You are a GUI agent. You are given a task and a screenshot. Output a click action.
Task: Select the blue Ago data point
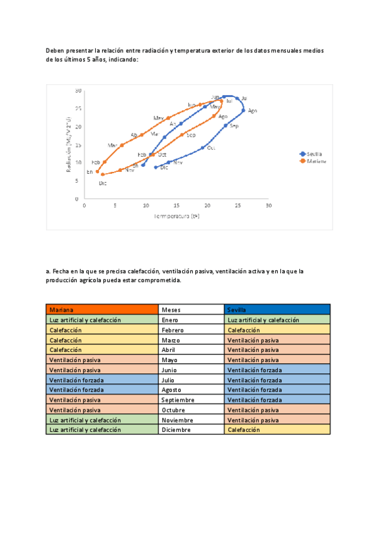point(243,110)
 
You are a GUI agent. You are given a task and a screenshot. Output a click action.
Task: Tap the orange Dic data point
point(103,174)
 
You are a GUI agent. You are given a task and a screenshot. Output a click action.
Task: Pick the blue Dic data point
point(156,167)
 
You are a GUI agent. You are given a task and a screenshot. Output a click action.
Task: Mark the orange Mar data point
point(122,145)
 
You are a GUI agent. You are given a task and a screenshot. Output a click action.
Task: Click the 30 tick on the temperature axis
point(268,205)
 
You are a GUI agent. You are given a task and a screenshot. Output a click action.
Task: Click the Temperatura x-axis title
point(177,216)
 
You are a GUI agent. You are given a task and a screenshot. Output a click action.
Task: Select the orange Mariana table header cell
point(101,309)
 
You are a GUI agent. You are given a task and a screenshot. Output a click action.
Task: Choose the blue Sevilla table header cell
point(277,309)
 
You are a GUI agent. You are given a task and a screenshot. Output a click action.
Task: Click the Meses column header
point(191,309)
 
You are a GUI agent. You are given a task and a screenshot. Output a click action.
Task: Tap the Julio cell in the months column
point(191,380)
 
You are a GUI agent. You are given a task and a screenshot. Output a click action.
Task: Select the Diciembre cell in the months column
point(191,429)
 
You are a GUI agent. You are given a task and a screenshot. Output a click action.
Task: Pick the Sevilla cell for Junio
point(277,370)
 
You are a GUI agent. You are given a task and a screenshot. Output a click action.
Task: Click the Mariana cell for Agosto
point(101,390)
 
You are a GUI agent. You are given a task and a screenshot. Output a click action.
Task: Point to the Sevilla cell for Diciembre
point(277,429)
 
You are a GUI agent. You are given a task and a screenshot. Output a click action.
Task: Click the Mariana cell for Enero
point(101,320)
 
